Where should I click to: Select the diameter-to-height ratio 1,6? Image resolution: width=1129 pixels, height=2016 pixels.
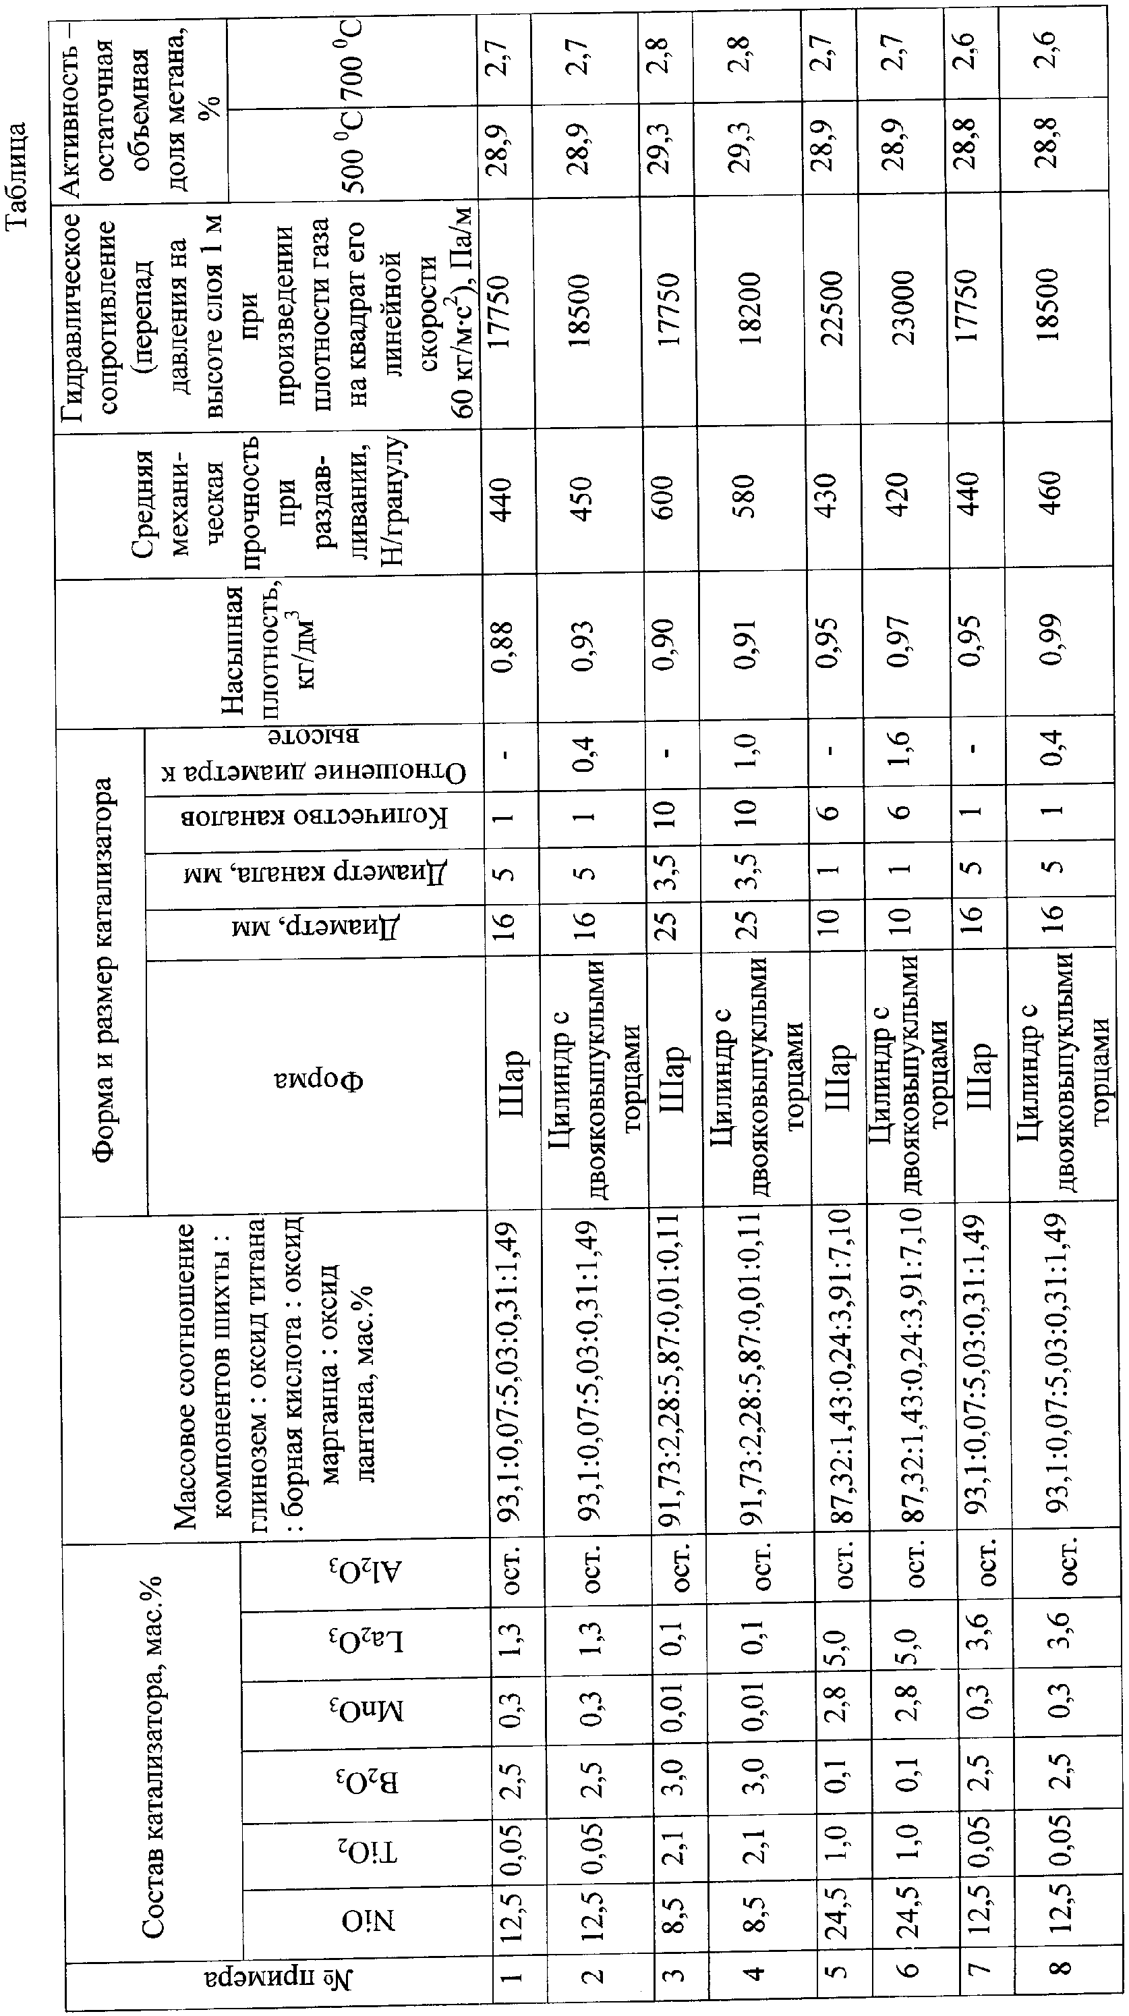901,752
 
